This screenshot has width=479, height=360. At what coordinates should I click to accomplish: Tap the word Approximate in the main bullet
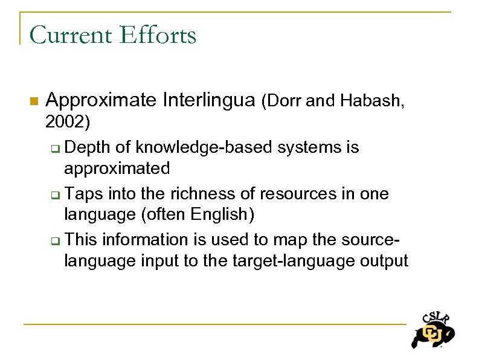pos(101,100)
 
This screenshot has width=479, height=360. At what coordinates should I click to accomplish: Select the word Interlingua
pos(209,100)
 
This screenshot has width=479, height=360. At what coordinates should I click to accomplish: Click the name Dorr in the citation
pos(283,101)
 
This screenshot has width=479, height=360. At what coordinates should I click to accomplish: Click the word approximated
pos(117,168)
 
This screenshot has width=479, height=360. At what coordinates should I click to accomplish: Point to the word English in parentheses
pos(220,214)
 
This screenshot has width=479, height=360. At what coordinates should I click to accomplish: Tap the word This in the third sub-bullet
pos(82,240)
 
